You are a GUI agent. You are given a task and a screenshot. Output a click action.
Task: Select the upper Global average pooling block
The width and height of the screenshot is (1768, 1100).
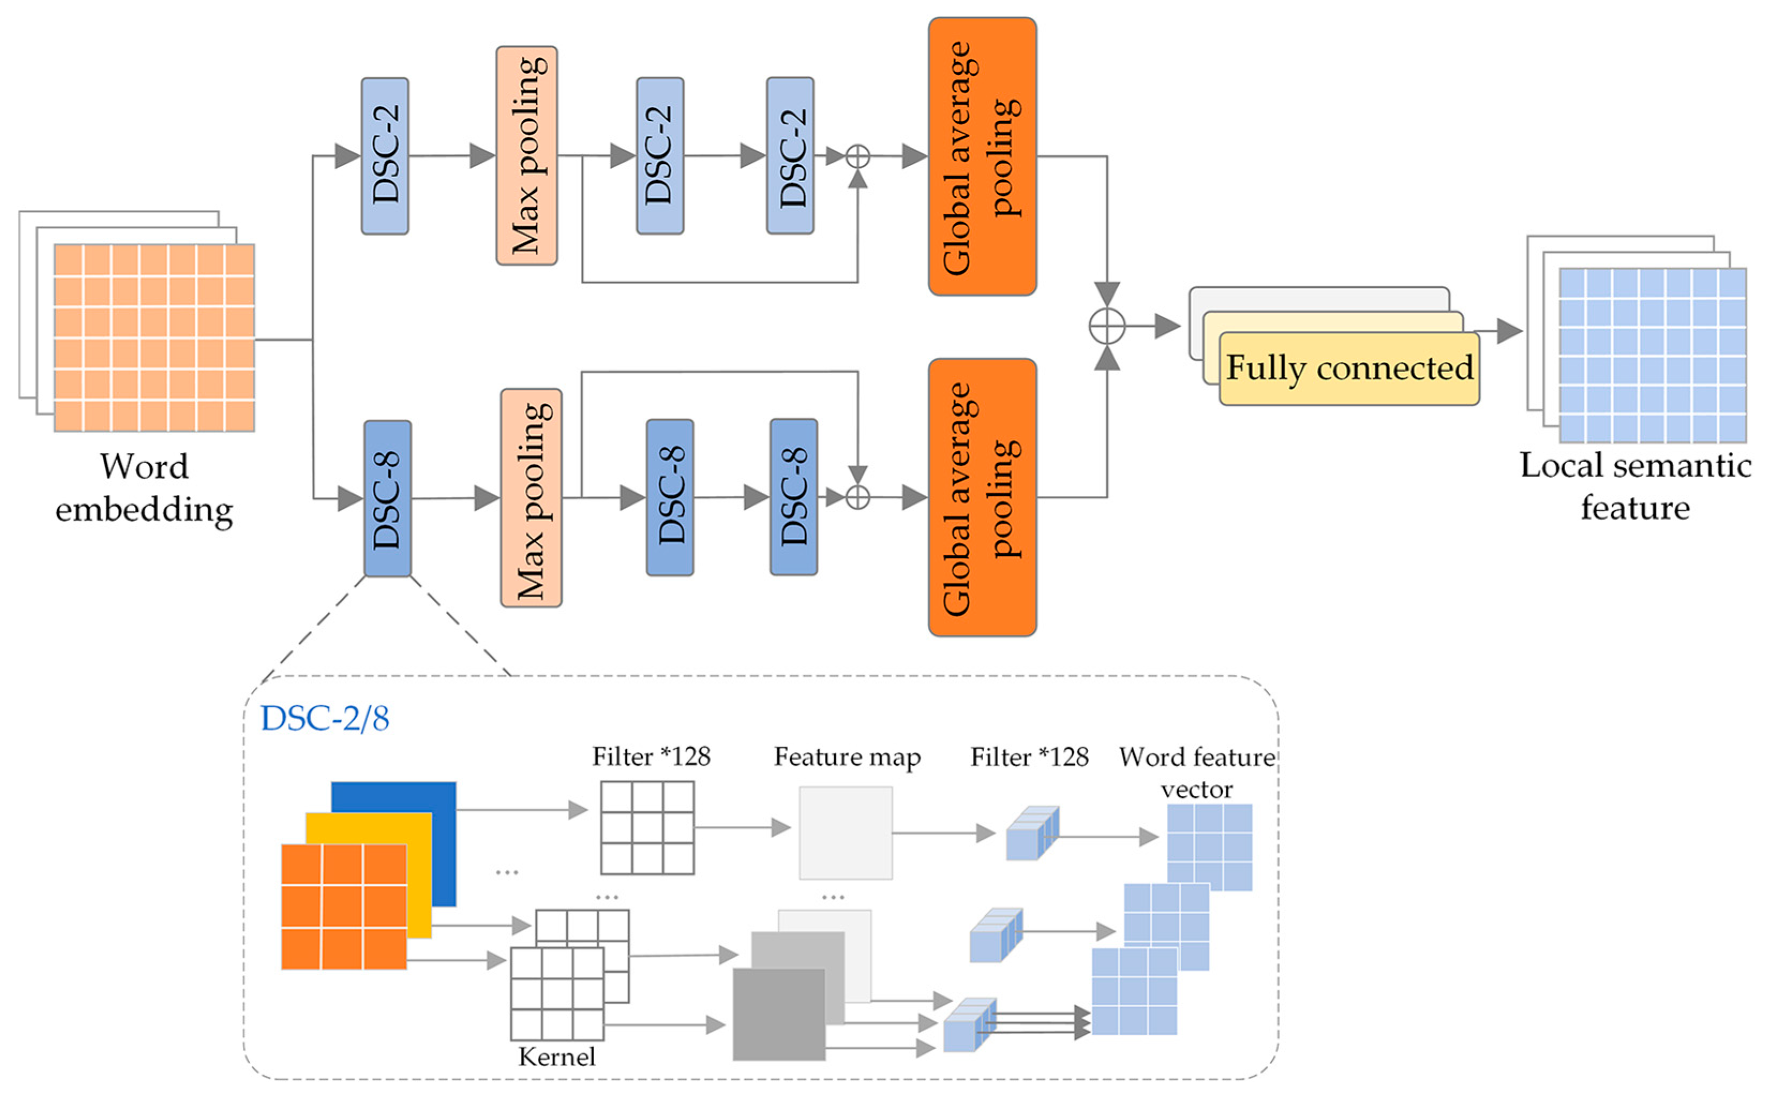982,156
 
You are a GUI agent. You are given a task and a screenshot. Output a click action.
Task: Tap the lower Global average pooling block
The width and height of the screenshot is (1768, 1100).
982,498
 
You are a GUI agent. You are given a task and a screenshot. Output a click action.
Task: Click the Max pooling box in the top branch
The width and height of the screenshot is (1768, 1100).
526,156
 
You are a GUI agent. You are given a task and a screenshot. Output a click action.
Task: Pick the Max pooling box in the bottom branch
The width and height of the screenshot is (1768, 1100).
530,498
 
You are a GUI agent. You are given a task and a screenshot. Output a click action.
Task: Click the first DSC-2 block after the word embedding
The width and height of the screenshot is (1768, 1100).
385,156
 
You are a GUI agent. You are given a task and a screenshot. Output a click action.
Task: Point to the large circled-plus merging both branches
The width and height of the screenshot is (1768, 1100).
1107,327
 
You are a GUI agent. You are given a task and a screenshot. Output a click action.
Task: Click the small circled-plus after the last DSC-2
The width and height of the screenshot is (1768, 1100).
858,156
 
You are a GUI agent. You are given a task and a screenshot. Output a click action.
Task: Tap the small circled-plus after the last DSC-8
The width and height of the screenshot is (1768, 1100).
858,498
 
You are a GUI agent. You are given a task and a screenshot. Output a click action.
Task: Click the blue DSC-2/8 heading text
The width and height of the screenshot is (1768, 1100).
325,719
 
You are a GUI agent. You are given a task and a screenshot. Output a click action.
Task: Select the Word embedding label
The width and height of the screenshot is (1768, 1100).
144,487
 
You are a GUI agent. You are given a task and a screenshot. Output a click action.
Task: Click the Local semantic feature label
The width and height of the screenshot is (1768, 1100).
1635,486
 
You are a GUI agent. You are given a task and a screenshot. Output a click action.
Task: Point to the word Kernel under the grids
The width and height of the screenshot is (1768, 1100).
557,1056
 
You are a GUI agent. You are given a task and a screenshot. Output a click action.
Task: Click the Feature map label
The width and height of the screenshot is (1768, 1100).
847,757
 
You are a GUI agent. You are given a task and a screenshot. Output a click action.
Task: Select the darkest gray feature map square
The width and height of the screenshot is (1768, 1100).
778,1013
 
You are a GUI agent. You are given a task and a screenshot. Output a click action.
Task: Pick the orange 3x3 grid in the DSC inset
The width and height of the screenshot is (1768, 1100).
343,907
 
